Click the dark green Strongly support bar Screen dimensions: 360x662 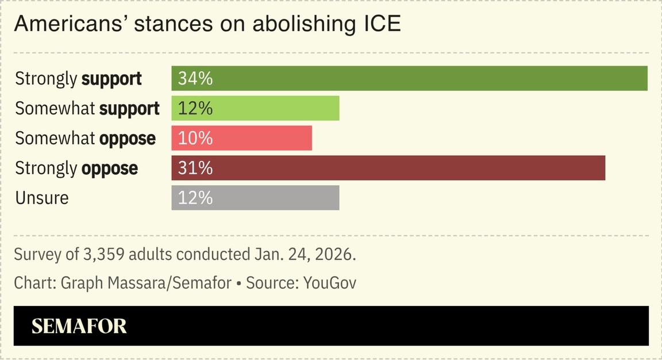(x=409, y=78)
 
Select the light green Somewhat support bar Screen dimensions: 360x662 (x=255, y=108)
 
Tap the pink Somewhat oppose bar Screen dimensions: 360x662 (x=241, y=138)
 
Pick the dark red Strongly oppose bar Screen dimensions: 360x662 (x=388, y=168)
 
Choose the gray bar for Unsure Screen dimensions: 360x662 (x=255, y=198)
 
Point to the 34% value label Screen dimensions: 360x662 (x=195, y=78)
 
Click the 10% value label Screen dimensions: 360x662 (x=195, y=138)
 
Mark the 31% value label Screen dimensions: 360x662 (x=195, y=168)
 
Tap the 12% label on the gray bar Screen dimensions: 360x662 (x=195, y=198)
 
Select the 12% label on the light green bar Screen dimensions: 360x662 (x=195, y=108)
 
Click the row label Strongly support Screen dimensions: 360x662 (x=78, y=79)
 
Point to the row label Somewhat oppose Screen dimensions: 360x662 (x=85, y=139)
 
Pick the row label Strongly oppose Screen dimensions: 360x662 (x=76, y=168)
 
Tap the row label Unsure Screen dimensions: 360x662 (x=41, y=198)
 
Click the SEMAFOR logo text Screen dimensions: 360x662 (x=79, y=326)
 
